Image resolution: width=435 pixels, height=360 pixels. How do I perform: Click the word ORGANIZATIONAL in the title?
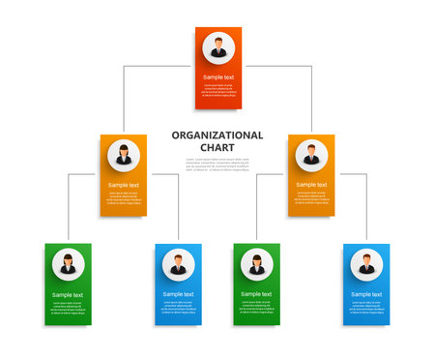[217, 135]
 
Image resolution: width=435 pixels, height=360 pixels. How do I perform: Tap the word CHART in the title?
[217, 148]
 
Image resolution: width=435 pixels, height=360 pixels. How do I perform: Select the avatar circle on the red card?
[218, 47]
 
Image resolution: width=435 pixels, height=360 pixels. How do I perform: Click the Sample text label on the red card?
[218, 76]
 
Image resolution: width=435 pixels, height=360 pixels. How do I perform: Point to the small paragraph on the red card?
[218, 90]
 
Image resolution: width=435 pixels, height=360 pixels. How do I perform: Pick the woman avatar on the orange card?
[124, 155]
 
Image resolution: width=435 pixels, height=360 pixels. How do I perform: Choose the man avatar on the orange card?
[311, 155]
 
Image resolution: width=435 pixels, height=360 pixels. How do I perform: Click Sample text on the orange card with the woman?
[124, 185]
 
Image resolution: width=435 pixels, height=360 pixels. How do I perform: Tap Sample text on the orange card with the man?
[311, 185]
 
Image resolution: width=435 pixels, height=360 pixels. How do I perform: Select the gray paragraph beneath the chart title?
[217, 165]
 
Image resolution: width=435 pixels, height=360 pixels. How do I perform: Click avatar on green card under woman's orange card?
[69, 264]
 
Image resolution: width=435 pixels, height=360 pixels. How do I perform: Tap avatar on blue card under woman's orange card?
[178, 264]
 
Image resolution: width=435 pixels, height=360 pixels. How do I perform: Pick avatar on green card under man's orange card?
[257, 264]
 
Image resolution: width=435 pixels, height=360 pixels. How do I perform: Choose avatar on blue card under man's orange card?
[366, 264]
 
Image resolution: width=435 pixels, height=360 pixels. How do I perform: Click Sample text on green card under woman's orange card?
[69, 293]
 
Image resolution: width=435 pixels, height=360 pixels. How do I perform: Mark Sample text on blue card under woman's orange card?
[178, 293]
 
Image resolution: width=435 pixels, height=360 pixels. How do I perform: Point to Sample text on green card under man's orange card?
[257, 293]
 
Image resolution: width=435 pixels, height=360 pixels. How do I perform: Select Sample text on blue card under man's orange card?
[366, 293]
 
